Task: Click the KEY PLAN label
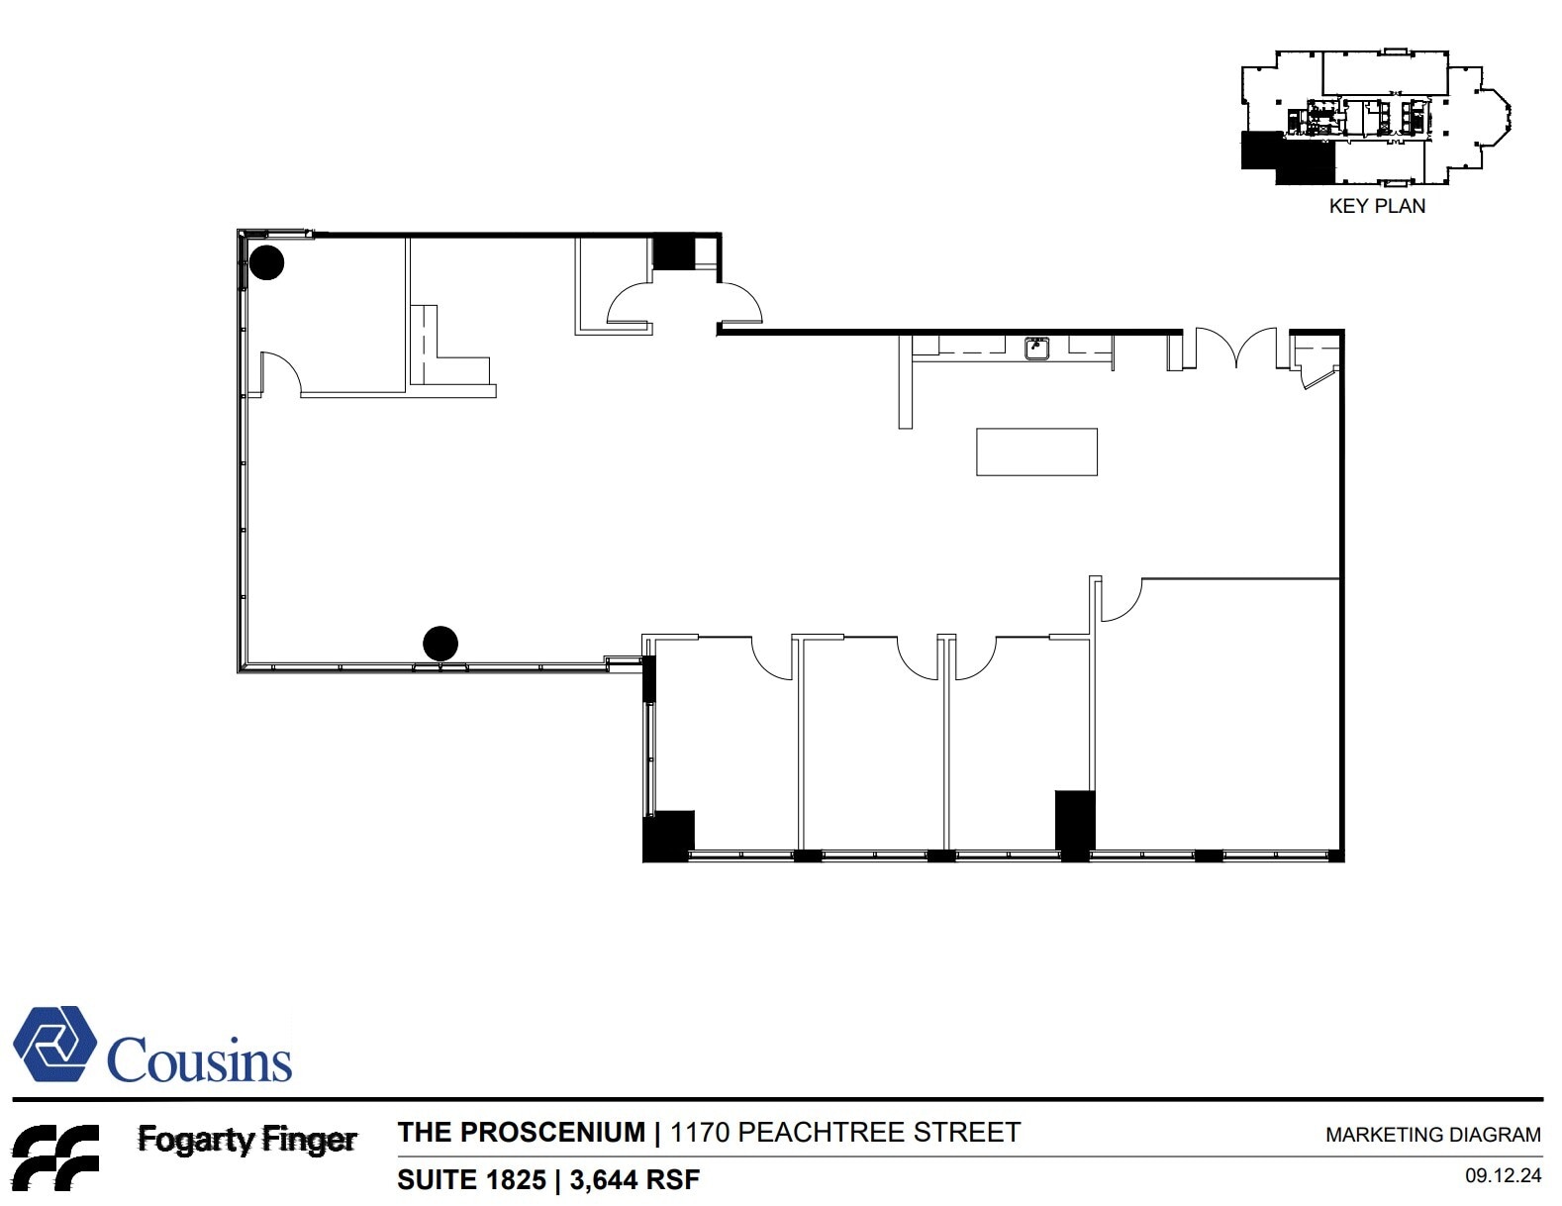pyautogui.click(x=1376, y=206)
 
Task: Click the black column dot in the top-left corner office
pyautogui.click(x=266, y=262)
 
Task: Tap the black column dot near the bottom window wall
pyautogui.click(x=440, y=644)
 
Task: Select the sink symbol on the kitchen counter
pyautogui.click(x=1036, y=348)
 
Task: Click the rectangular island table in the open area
pyautogui.click(x=1036, y=452)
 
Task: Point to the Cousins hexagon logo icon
pyautogui.click(x=54, y=1045)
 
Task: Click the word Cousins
pyautogui.click(x=199, y=1060)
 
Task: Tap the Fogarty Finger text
pyautogui.click(x=246, y=1140)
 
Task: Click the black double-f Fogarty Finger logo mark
pyautogui.click(x=54, y=1156)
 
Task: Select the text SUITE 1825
pyautogui.click(x=471, y=1180)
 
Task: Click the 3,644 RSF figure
pyautogui.click(x=635, y=1180)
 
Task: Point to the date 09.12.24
pyautogui.click(x=1503, y=1175)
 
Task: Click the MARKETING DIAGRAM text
pyautogui.click(x=1432, y=1135)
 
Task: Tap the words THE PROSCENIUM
pyautogui.click(x=521, y=1133)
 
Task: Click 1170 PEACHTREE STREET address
pyautogui.click(x=844, y=1133)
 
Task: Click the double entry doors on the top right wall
pyautogui.click(x=1236, y=347)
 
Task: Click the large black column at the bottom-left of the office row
pyautogui.click(x=668, y=836)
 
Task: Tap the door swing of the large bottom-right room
pyautogui.click(x=1122, y=600)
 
